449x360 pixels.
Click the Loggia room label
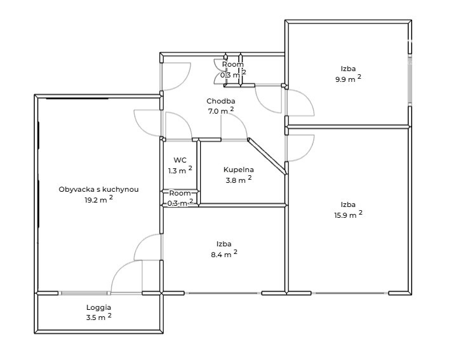[98, 308]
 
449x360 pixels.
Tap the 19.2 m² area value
[98, 199]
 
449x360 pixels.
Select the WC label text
[180, 160]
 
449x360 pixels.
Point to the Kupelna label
[239, 170]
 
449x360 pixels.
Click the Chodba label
[221, 101]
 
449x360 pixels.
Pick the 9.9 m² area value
[348, 79]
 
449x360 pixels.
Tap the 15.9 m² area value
[348, 215]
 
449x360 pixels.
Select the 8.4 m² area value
[224, 254]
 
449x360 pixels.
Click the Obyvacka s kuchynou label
[98, 189]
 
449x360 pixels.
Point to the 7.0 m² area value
[221, 110]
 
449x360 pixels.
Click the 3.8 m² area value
[239, 180]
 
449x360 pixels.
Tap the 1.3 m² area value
[180, 170]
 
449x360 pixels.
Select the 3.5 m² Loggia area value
[98, 317]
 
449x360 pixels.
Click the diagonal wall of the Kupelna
[267, 156]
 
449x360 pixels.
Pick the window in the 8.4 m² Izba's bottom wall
[223, 293]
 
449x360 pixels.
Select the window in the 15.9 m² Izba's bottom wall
[350, 293]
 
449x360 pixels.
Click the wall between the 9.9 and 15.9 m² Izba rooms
[348, 126]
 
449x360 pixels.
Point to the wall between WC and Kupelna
[198, 172]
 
